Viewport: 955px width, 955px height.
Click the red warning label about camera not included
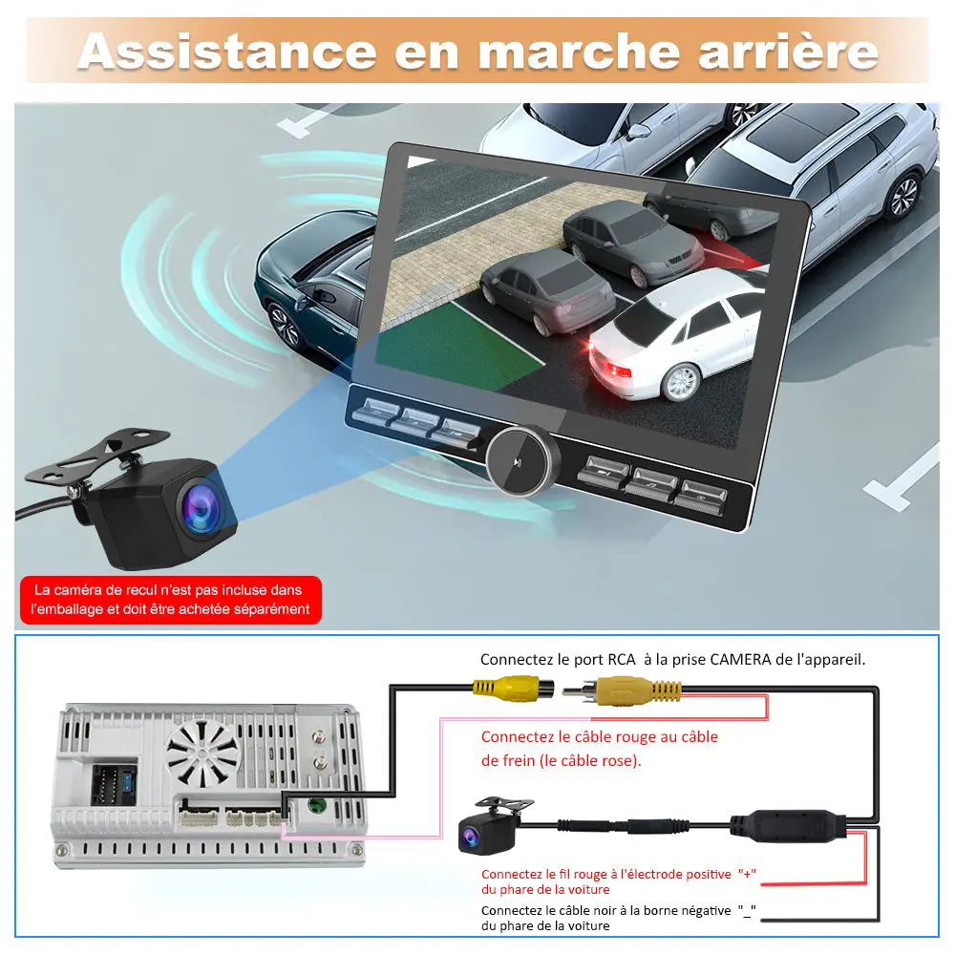pyautogui.click(x=170, y=600)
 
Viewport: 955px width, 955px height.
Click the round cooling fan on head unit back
pyautogui.click(x=203, y=751)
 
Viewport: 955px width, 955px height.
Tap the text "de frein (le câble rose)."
pyautogui.click(x=562, y=761)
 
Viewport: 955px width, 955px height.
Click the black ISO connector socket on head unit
pyautogui.click(x=113, y=784)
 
